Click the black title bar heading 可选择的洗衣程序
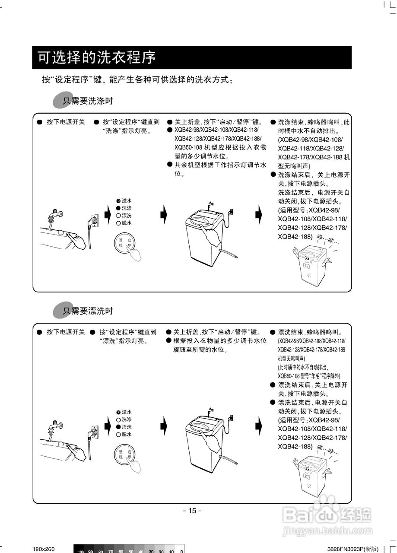(x=97, y=57)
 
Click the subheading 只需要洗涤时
(x=88, y=101)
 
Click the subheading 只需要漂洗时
(x=88, y=311)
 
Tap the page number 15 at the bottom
(x=192, y=511)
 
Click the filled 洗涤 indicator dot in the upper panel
(x=118, y=208)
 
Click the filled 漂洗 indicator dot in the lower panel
(x=118, y=427)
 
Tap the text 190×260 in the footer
(x=44, y=549)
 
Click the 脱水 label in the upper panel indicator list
(x=127, y=223)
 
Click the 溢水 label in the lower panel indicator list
(x=127, y=412)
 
